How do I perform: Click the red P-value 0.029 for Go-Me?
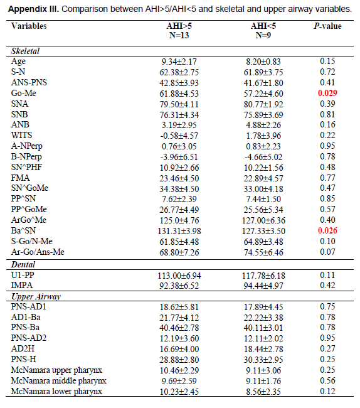(327, 93)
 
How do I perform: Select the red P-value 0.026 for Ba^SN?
(327, 230)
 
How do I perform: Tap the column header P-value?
(327, 26)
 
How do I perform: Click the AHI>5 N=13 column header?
(179, 31)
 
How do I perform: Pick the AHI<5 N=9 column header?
(263, 31)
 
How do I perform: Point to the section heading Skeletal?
(25, 51)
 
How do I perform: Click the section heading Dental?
(23, 265)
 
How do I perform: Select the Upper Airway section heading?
(36, 297)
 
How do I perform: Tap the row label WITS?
(21, 136)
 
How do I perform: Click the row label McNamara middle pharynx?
(58, 381)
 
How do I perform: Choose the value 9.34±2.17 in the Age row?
(179, 62)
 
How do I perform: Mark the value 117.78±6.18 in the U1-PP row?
(263, 276)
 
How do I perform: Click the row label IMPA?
(22, 286)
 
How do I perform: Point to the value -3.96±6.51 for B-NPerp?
(179, 157)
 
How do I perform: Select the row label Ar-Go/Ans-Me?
(38, 252)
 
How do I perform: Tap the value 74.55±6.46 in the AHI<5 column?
(263, 252)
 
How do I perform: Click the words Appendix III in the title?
(33, 9)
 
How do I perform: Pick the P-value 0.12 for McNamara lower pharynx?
(327, 391)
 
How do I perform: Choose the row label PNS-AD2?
(29, 338)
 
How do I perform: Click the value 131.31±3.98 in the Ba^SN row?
(179, 231)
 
